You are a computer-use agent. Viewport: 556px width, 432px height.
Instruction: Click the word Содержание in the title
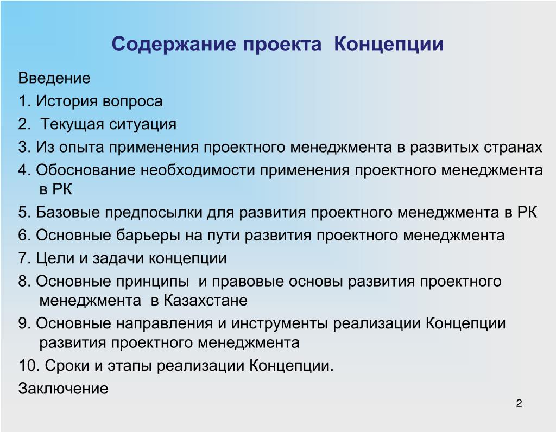click(174, 45)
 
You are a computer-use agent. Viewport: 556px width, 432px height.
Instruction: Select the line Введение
click(54, 78)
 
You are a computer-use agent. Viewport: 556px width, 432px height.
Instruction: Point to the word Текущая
click(72, 125)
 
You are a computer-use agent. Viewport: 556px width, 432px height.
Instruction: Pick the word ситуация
click(143, 125)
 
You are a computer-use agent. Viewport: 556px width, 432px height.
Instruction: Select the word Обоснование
click(86, 170)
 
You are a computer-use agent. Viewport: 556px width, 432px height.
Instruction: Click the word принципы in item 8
click(153, 282)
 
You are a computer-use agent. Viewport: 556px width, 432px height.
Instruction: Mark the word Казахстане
click(206, 301)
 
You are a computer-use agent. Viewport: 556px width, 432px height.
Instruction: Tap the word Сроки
click(67, 366)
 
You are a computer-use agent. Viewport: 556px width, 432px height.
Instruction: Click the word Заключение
click(63, 389)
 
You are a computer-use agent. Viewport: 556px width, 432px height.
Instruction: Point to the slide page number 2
click(519, 404)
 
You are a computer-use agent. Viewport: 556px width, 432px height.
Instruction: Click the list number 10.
click(29, 366)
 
